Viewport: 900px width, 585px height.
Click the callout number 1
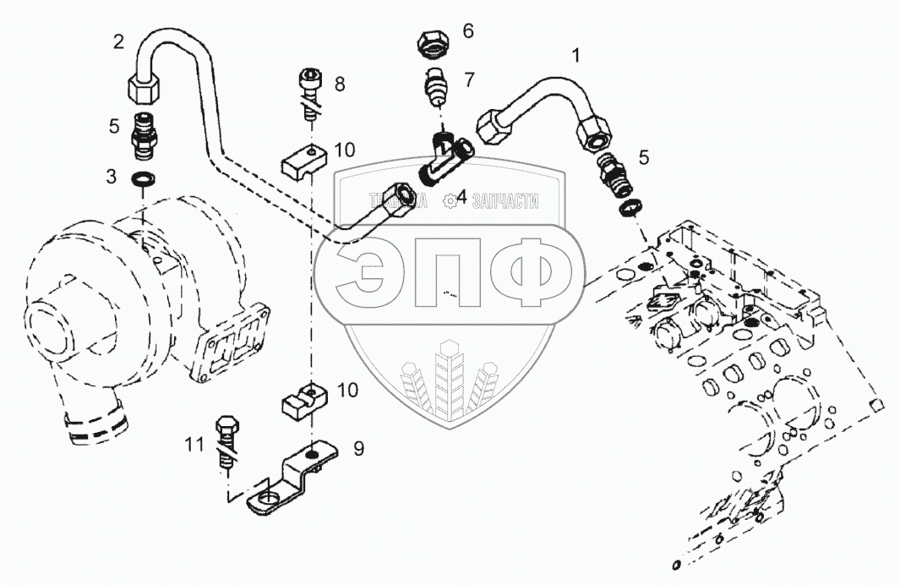[x=576, y=57]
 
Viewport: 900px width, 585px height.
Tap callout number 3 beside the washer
[x=112, y=176]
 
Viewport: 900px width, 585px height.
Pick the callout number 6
[x=467, y=31]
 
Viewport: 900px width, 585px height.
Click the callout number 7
[x=468, y=79]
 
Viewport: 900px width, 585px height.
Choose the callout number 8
[x=340, y=84]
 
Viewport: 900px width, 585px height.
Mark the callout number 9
[x=358, y=449]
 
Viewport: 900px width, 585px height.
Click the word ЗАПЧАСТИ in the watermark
[x=505, y=200]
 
